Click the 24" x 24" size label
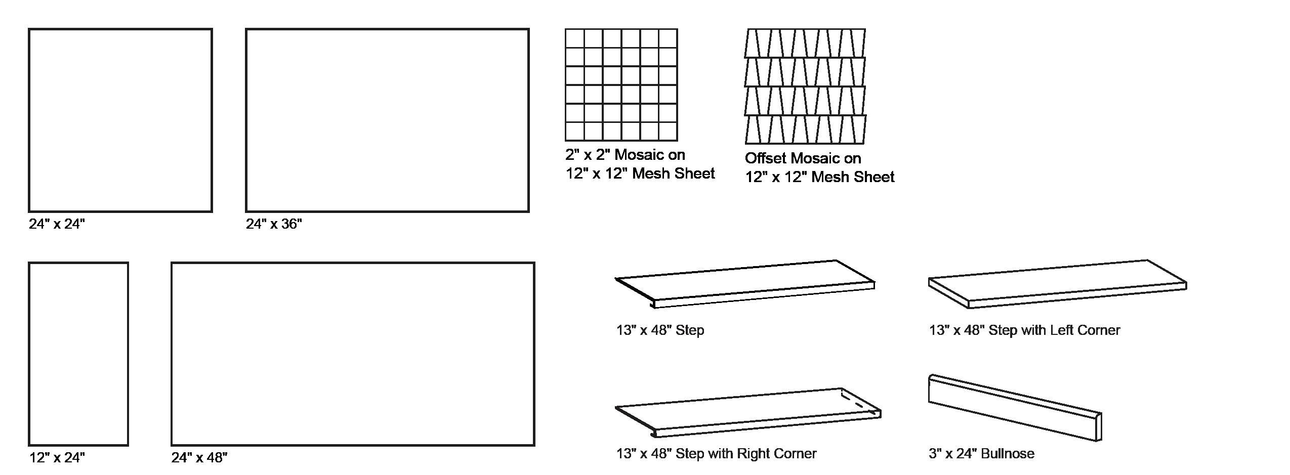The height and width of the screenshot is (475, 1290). pos(57,224)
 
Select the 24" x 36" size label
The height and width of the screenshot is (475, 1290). pos(274,224)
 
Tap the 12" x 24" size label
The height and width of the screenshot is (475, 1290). pos(57,458)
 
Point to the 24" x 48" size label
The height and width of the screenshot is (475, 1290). pos(199,458)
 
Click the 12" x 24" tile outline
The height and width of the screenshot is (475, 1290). pos(78,354)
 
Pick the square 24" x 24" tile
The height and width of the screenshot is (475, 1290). pos(120,120)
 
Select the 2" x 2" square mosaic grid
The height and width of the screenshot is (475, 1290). pos(621,84)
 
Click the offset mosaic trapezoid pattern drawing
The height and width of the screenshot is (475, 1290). pos(805,86)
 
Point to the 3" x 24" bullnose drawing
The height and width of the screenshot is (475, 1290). pos(1015,407)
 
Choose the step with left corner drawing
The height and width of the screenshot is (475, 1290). pos(1058,284)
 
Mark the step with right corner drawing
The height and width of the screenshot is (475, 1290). pos(748,412)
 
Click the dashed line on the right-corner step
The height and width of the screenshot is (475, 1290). pos(859,401)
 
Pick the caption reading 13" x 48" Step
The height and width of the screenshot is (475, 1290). pos(660,330)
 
